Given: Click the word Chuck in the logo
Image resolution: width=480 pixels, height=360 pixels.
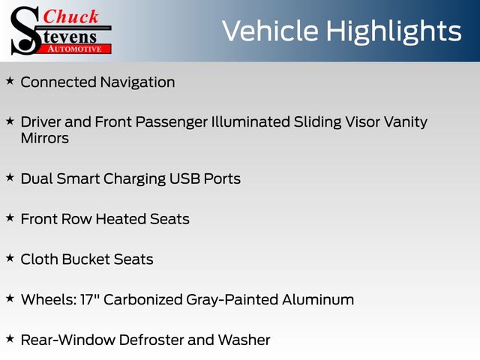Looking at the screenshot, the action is click(x=71, y=16).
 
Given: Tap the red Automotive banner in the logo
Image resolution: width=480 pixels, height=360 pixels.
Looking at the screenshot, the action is click(x=75, y=49).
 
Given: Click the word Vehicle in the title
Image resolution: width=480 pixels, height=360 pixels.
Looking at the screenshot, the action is click(x=270, y=31).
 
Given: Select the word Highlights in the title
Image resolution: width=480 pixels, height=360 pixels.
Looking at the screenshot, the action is click(x=394, y=32).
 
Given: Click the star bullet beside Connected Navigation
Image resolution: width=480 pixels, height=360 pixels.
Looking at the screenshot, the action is click(x=10, y=81).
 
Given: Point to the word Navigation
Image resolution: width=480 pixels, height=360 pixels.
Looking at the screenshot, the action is click(x=138, y=82).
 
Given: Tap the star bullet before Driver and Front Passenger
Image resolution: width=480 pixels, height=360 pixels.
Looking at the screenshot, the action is click(x=10, y=121).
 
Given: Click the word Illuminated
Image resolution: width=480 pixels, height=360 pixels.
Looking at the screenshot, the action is click(x=250, y=121).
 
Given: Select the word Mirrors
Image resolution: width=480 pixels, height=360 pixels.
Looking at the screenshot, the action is click(x=45, y=138).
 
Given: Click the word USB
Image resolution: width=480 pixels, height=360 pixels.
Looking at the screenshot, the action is click(x=184, y=178).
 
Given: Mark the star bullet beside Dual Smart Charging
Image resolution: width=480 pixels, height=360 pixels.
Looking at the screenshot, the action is click(x=10, y=177).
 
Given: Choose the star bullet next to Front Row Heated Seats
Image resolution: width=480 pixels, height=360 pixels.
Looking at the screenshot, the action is click(x=10, y=217).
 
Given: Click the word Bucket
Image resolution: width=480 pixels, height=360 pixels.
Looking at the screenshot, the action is click(x=86, y=259).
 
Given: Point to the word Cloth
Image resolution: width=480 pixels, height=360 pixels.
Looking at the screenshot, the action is click(x=39, y=259).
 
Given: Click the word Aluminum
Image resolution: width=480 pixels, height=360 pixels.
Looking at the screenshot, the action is click(x=318, y=300).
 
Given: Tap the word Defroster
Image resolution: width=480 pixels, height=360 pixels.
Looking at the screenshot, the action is click(x=151, y=340).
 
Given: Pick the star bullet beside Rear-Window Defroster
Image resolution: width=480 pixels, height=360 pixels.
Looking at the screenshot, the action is click(x=10, y=338).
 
